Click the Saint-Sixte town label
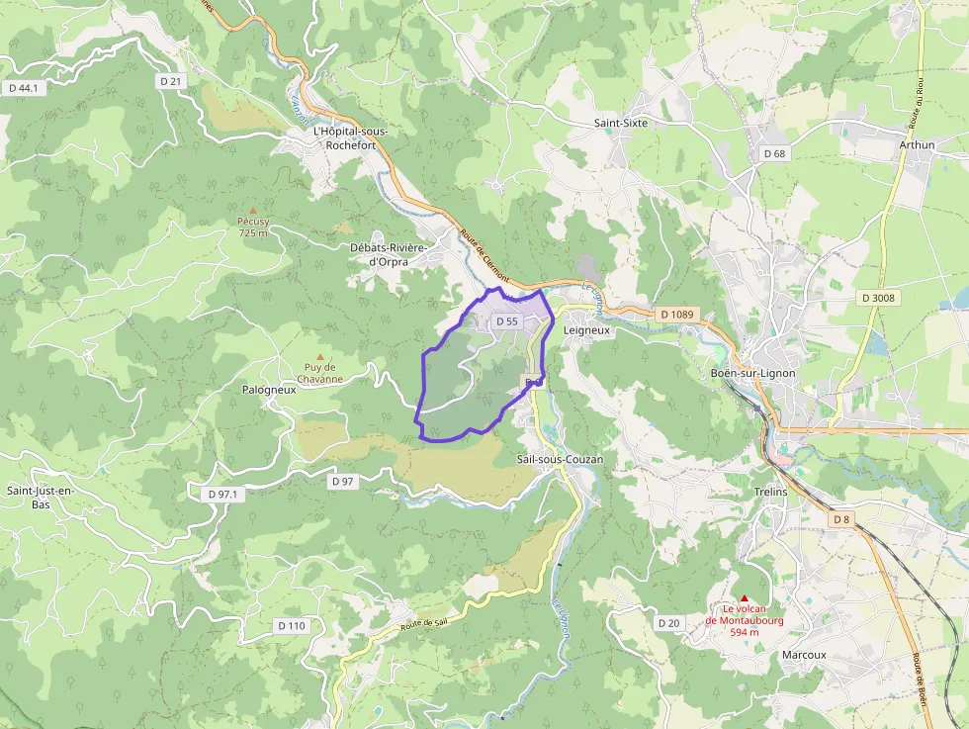coord(620,124)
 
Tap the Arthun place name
coord(917,144)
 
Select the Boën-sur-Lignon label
coord(752,373)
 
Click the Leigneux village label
coord(586,330)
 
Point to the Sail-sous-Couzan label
coord(560,460)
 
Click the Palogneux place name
coord(269,390)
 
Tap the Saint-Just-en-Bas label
coord(42,498)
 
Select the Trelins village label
coord(770,492)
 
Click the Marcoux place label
coord(803,655)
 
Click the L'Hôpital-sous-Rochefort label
coord(350,137)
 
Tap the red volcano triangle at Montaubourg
coord(745,597)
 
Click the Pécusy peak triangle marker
coord(253,210)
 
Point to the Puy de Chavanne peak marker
coord(318,356)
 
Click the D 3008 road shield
coord(878,298)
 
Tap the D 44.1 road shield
coord(25,88)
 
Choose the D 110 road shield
coord(292,625)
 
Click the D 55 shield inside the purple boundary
coord(507,321)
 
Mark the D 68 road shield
coord(774,153)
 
